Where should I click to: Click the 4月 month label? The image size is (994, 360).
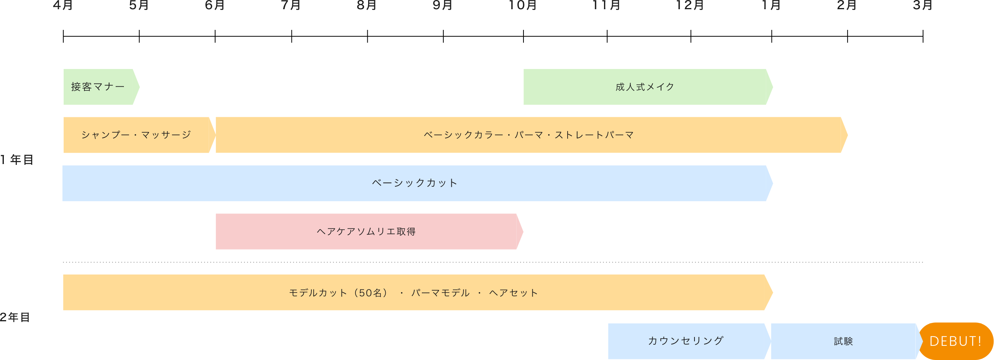(63, 5)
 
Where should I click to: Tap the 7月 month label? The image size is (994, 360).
(291, 5)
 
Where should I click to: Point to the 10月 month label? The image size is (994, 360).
(522, 5)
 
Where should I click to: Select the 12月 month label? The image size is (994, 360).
(690, 5)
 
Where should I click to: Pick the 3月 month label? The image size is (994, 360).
(923, 5)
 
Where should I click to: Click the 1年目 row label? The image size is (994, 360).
(17, 159)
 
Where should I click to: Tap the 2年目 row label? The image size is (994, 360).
(15, 317)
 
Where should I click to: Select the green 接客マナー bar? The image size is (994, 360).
(99, 87)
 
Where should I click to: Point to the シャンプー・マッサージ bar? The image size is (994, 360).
(136, 135)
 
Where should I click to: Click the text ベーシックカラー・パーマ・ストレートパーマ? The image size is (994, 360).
(529, 135)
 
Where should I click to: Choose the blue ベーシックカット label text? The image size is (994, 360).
(415, 183)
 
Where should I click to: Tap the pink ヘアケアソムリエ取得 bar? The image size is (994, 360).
(366, 232)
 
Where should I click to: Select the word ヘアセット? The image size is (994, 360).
(513, 293)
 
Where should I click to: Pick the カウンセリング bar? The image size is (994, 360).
(686, 341)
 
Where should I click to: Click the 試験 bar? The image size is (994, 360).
(844, 341)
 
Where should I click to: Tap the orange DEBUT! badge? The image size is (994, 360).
(955, 341)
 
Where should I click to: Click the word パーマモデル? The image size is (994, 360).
(440, 293)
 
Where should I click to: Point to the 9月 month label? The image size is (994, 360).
(442, 5)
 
